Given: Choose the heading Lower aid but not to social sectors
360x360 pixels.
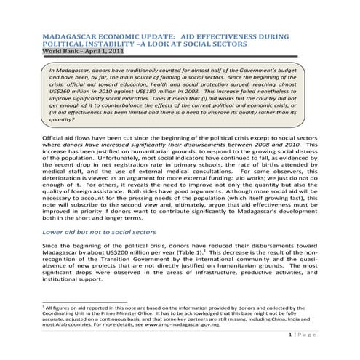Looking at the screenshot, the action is [x=99, y=231].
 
